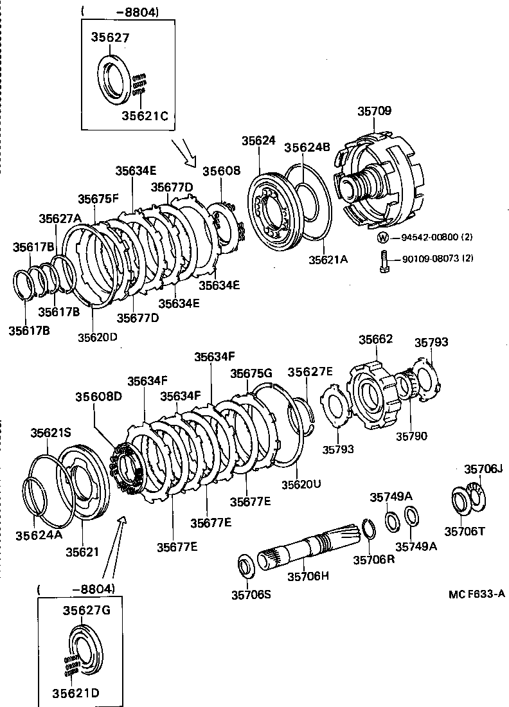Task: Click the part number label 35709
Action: point(374,111)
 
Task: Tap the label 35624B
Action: point(307,147)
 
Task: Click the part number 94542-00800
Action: point(430,237)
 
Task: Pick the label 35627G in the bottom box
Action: point(86,610)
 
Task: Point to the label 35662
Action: point(375,339)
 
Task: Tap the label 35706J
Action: point(483,469)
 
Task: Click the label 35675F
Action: point(98,199)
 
